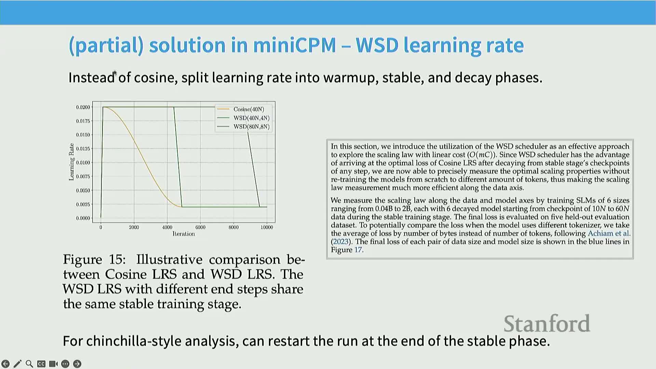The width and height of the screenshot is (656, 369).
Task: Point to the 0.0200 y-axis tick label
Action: [83, 107]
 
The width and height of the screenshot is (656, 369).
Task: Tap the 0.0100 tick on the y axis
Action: [83, 163]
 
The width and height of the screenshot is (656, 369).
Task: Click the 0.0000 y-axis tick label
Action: [83, 218]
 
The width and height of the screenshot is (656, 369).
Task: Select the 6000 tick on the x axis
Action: [200, 227]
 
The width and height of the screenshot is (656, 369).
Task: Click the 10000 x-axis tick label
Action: [267, 227]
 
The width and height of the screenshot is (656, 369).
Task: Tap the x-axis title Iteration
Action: [184, 234]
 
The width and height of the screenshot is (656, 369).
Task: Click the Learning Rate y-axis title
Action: [71, 162]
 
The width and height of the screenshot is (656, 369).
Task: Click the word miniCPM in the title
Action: [295, 45]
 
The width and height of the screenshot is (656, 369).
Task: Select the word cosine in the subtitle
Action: [156, 78]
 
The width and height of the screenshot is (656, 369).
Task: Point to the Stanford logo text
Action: [547, 324]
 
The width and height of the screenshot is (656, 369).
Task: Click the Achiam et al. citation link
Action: [609, 233]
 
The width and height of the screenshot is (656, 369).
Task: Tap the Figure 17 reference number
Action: [358, 250]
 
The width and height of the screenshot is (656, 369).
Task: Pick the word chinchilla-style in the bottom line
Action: [163, 341]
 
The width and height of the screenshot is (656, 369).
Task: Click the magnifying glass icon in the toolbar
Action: [29, 364]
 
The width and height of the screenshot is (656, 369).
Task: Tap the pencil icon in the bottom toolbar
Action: [17, 364]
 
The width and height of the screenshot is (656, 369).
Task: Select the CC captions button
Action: [41, 364]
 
